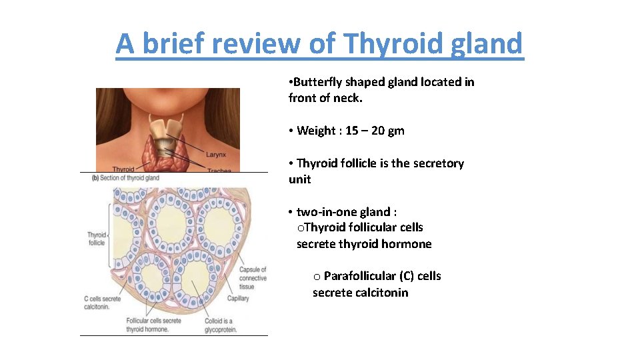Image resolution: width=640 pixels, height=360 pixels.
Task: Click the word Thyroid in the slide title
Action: pos(388,44)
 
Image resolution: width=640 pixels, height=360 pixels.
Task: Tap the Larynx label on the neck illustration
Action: pos(215,154)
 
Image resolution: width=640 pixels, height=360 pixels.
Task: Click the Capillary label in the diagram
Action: pos(238,299)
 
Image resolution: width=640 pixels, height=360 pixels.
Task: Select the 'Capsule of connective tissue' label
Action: pos(253,278)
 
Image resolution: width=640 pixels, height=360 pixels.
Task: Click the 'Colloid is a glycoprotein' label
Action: pos(221,325)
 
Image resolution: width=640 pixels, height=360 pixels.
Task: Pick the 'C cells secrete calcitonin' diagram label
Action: pos(102,303)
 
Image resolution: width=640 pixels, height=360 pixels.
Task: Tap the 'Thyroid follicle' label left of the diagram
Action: pos(97,239)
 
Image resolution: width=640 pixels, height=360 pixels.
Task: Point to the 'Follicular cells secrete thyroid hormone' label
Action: pos(153,325)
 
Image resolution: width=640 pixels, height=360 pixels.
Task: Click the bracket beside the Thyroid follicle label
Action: pos(109,238)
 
